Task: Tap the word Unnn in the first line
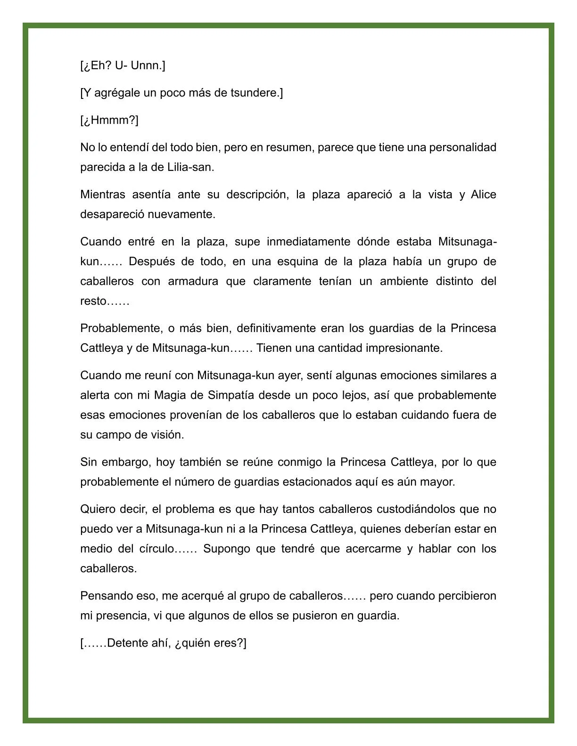[146, 65]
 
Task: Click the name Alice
[483, 195]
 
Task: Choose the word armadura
[193, 281]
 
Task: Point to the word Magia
[170, 395]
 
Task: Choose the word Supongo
[226, 549]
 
